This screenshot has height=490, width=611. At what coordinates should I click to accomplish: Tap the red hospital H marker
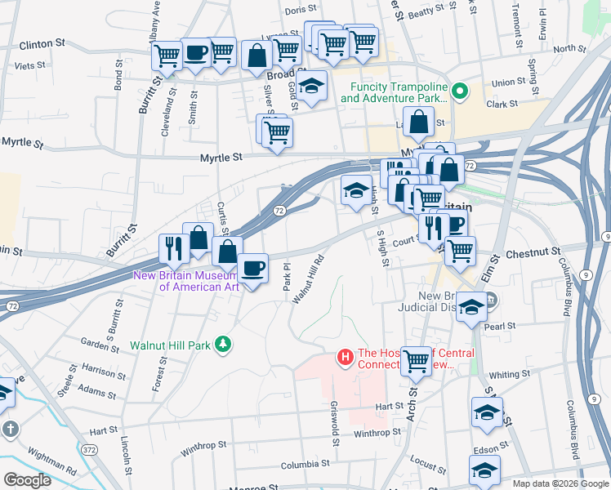345,357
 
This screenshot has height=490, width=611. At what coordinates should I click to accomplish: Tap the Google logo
27,479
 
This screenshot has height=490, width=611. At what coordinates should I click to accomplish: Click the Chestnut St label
533,254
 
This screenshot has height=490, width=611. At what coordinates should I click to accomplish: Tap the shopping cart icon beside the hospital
416,359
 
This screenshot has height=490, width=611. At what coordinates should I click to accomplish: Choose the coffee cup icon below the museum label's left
253,267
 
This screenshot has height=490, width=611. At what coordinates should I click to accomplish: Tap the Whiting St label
509,375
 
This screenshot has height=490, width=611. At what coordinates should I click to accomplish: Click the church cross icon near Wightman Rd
9,429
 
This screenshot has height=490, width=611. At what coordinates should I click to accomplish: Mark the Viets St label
29,65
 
